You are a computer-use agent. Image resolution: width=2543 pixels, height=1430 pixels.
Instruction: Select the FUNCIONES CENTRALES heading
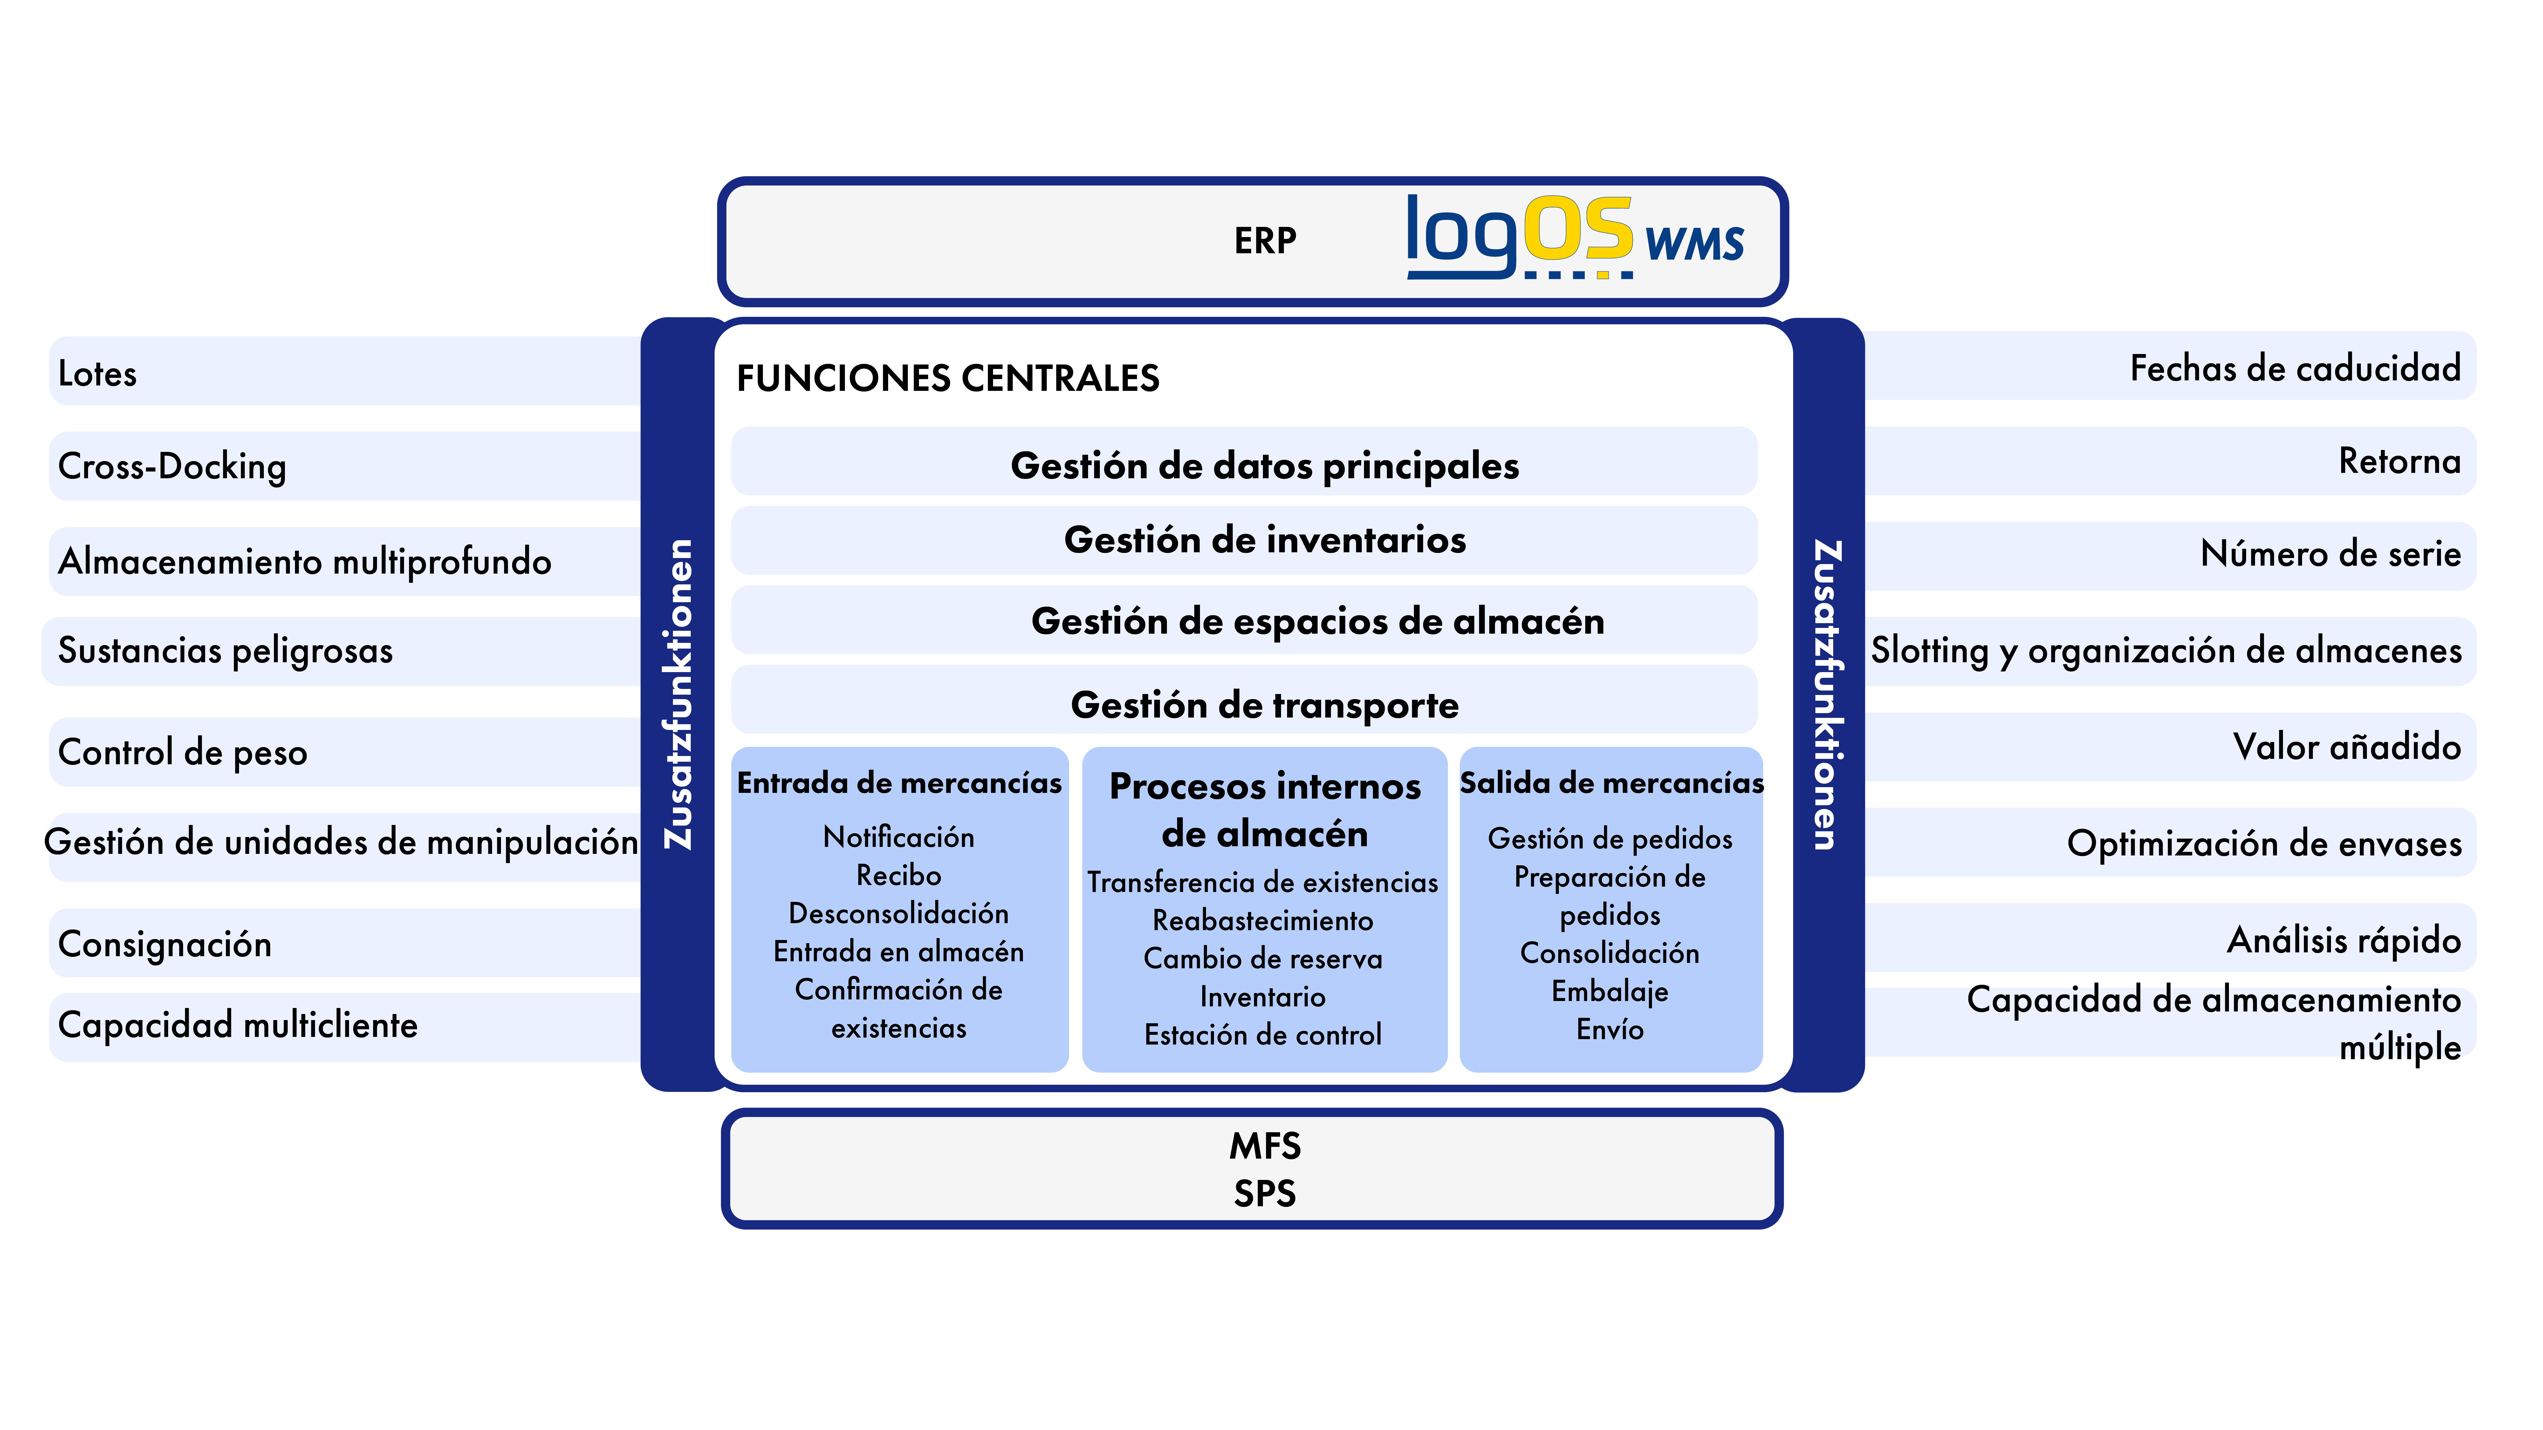click(948, 378)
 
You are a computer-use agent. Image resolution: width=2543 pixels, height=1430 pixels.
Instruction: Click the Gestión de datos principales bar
click(1244, 461)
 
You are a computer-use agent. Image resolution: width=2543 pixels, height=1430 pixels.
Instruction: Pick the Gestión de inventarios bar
click(1244, 540)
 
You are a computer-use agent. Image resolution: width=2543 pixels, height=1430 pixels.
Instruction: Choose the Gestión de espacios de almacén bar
click(1244, 620)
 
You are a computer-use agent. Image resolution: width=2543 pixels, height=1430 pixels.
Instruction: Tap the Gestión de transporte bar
click(1244, 700)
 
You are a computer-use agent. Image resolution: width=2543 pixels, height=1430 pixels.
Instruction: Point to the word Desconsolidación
click(898, 913)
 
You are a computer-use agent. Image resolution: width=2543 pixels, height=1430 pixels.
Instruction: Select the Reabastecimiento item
click(1263, 920)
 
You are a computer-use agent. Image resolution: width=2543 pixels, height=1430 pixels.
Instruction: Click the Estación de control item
click(1263, 1034)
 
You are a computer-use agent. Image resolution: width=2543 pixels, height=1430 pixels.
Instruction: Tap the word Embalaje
click(1610, 991)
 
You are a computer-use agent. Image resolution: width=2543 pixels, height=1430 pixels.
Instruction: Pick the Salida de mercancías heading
click(1611, 783)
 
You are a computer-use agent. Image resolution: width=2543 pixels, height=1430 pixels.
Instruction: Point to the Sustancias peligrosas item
click(225, 650)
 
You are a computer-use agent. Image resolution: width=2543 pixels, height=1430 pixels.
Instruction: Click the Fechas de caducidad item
click(2295, 368)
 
